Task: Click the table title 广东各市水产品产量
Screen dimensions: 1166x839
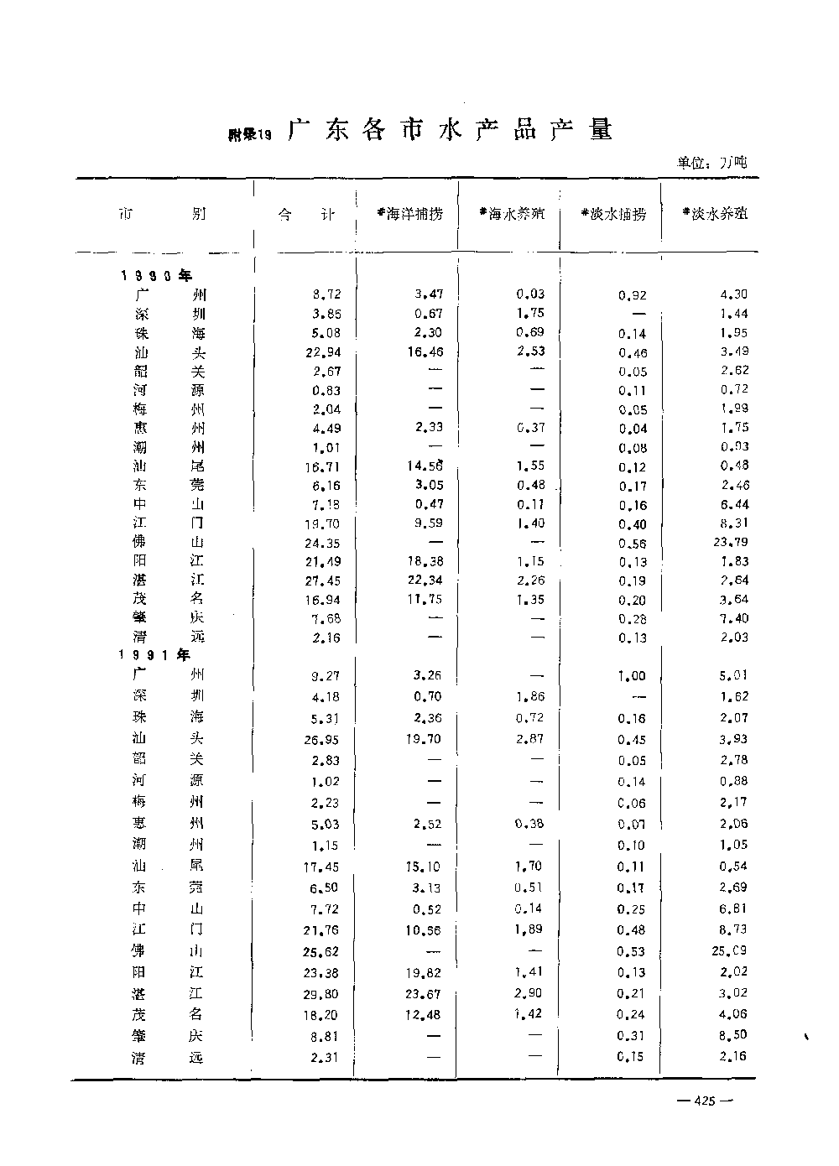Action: pyautogui.click(x=451, y=130)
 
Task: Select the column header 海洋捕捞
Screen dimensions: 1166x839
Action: pyautogui.click(x=409, y=214)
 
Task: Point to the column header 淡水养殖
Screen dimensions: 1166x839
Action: pyautogui.click(x=715, y=214)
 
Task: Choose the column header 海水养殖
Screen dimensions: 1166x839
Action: pyautogui.click(x=512, y=214)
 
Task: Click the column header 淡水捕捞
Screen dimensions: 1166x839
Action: pyautogui.click(x=613, y=214)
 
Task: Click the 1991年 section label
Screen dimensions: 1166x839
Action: pyautogui.click(x=154, y=655)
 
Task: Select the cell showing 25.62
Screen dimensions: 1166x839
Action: pyautogui.click(x=322, y=951)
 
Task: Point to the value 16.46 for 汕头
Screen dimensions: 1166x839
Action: pyautogui.click(x=425, y=352)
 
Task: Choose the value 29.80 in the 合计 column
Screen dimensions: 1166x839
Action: pyautogui.click(x=322, y=994)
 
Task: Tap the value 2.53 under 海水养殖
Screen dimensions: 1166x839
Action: pyautogui.click(x=529, y=351)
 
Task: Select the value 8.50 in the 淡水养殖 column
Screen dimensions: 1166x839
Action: pyautogui.click(x=732, y=1035)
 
